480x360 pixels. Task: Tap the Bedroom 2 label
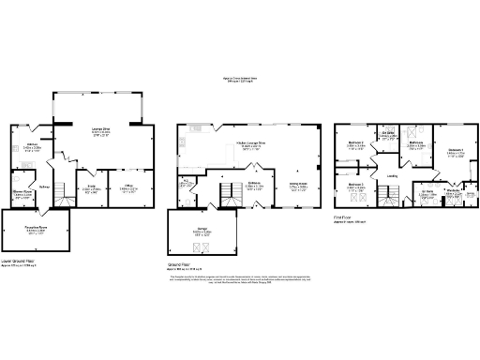[355, 145]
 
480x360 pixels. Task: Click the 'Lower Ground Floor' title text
[20, 262]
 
